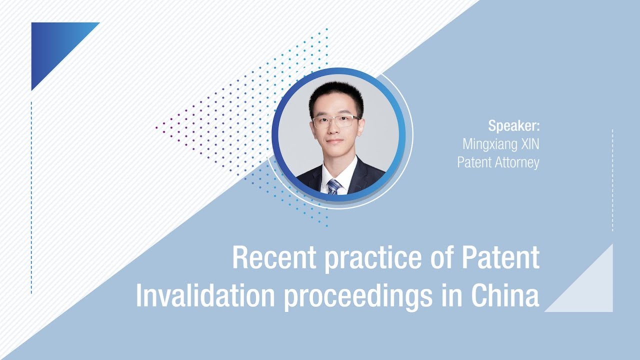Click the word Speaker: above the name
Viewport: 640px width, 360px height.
(x=514, y=125)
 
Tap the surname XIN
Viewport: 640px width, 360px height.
(x=529, y=144)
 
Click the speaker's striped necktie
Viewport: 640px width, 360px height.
(x=334, y=186)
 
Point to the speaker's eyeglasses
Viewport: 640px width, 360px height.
(x=335, y=121)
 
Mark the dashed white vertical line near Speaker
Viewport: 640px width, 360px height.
(x=612, y=180)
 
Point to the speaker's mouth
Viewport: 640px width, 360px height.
(x=335, y=142)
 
